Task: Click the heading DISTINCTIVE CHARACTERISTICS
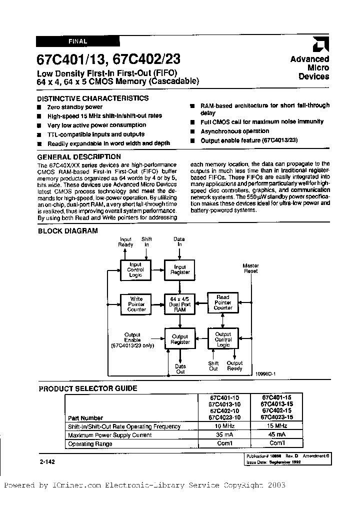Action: click(93, 98)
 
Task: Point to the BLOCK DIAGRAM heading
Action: click(61, 231)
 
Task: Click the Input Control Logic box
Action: click(135, 269)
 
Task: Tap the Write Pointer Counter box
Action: click(136, 303)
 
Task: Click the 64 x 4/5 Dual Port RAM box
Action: click(180, 303)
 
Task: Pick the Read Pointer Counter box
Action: click(222, 302)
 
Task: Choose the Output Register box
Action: click(180, 339)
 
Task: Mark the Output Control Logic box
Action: click(223, 338)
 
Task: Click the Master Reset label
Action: click(250, 268)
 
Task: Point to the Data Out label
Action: click(180, 369)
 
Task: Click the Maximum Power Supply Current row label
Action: click(110, 434)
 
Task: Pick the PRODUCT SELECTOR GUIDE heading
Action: click(88, 388)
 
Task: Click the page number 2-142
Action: click(46, 461)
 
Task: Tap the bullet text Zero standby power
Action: click(74, 107)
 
